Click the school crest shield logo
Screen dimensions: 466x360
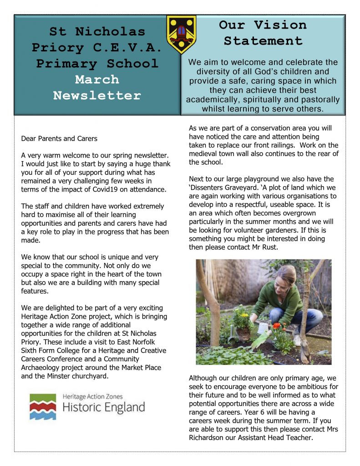pyautogui.click(x=181, y=34)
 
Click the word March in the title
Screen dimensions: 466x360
pyautogui.click(x=97, y=80)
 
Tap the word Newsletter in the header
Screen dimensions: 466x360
pyautogui.click(x=97, y=96)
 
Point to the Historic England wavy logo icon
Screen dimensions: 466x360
pyautogui.click(x=43, y=406)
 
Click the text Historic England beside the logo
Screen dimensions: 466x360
pyautogui.click(x=103, y=407)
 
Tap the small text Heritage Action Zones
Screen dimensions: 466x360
pyautogui.click(x=92, y=397)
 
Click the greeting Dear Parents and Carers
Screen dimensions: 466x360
pyautogui.click(x=59, y=138)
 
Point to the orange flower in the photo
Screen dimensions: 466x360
pyautogui.click(x=276, y=326)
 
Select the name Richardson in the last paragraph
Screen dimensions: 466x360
pyautogui.click(x=208, y=438)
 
